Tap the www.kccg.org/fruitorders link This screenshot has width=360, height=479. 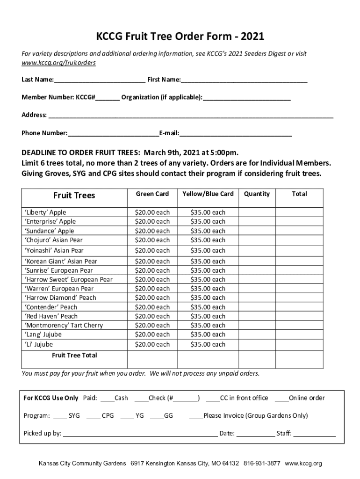click(59, 63)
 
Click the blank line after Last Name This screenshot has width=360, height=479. click(100, 80)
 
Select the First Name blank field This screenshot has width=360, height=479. click(244, 80)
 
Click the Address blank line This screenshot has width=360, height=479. click(191, 116)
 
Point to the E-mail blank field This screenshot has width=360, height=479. click(236, 134)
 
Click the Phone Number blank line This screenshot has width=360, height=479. click(113, 134)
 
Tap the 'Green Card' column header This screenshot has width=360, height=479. click(152, 194)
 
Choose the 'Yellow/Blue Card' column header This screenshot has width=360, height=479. click(208, 194)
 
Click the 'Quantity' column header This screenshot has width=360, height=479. click(257, 194)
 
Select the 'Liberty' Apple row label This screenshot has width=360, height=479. click(45, 212)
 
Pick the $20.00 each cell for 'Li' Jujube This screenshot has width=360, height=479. click(152, 344)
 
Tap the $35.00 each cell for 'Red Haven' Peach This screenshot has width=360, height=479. click(208, 316)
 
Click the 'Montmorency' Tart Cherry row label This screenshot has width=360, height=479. click(64, 325)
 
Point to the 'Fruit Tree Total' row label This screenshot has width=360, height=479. click(75, 356)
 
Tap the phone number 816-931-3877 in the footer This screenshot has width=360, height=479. click(262, 464)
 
